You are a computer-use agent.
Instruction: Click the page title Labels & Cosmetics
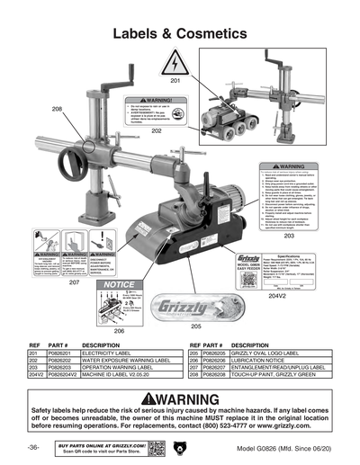coord(180,33)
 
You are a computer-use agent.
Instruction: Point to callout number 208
coord(57,109)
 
